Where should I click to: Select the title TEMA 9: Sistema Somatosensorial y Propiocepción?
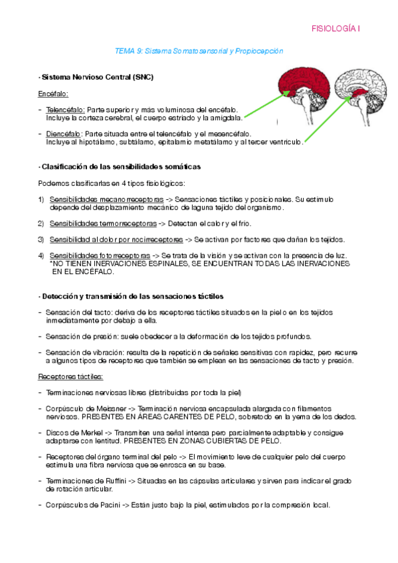pos(199,50)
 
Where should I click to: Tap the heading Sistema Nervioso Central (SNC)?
pos(96,77)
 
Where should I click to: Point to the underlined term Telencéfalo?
pos(65,110)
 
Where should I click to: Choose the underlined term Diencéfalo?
pos(64,133)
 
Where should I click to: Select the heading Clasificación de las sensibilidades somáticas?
pos(120,166)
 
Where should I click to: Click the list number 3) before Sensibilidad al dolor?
pos(41,239)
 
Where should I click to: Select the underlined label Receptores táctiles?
pos(70,376)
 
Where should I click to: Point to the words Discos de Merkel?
pos(71,432)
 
